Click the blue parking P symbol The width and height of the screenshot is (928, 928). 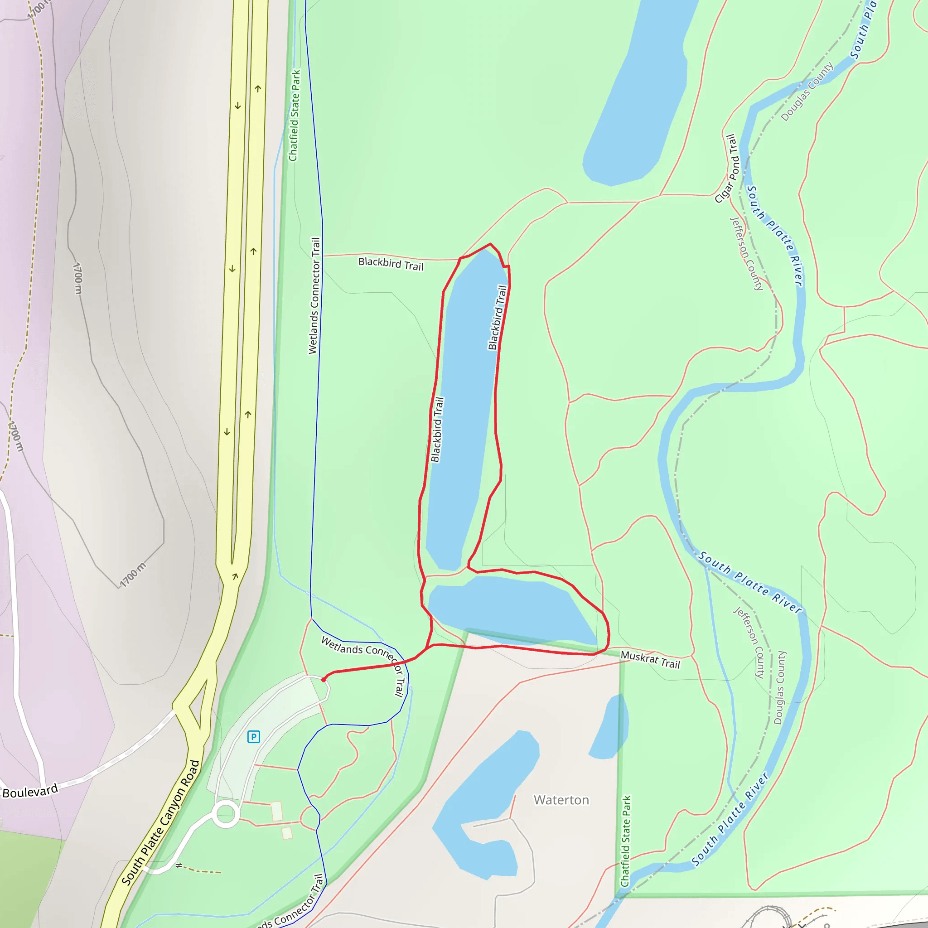[254, 736]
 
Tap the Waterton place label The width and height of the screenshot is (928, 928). [561, 800]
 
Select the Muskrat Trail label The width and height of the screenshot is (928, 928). [650, 659]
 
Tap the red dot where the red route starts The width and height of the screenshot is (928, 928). [324, 680]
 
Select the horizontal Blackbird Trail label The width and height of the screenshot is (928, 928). [391, 264]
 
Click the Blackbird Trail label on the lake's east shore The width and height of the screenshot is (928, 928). [497, 318]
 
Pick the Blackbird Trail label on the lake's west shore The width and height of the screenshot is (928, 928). [437, 430]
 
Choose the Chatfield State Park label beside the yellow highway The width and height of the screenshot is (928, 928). [294, 115]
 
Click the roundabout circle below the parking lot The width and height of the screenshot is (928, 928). [226, 814]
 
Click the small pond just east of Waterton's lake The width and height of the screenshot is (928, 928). [609, 728]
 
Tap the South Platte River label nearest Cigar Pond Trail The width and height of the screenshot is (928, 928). [773, 235]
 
